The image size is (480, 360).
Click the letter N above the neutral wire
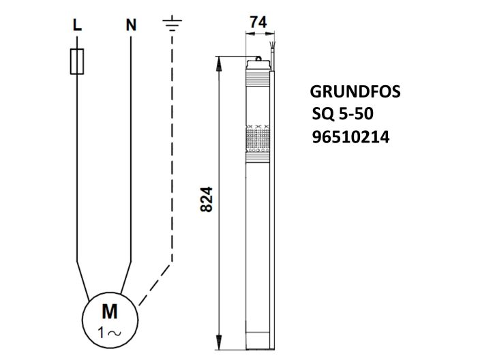click(x=130, y=25)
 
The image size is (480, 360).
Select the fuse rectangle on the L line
click(x=77, y=61)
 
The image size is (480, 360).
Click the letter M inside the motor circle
click(x=109, y=312)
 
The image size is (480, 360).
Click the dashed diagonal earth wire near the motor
click(x=155, y=283)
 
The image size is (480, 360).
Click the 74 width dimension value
click(x=257, y=22)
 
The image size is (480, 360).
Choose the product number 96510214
click(x=350, y=137)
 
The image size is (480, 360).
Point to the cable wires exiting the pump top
click(x=273, y=52)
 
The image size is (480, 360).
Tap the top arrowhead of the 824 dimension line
click(x=219, y=61)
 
